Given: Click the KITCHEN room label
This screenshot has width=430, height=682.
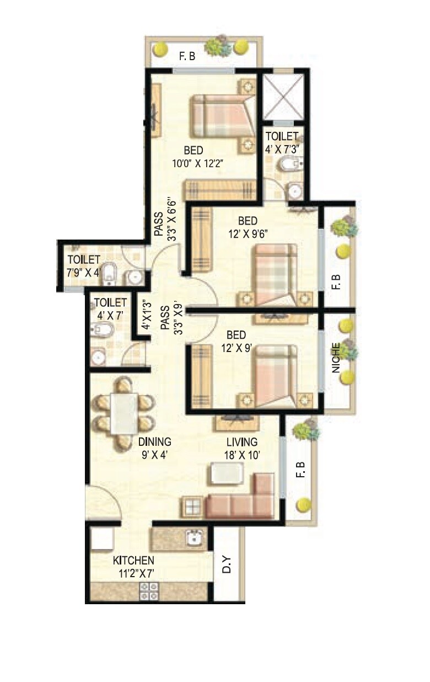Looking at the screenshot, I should pos(133,561).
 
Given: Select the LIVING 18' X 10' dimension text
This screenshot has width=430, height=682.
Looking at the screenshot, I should pos(242,456).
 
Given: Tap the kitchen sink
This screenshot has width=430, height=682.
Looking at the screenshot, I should pos(195,537).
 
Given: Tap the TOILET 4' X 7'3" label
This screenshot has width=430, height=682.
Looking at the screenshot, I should pos(282,142).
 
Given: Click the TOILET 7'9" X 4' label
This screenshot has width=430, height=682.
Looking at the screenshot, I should pos(84,265).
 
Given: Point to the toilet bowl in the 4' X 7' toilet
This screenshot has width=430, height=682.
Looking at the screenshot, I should pos(104,330).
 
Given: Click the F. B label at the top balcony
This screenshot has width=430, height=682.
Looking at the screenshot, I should pos(186,56).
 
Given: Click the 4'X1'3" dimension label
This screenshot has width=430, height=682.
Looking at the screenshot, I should pos(145,315).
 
